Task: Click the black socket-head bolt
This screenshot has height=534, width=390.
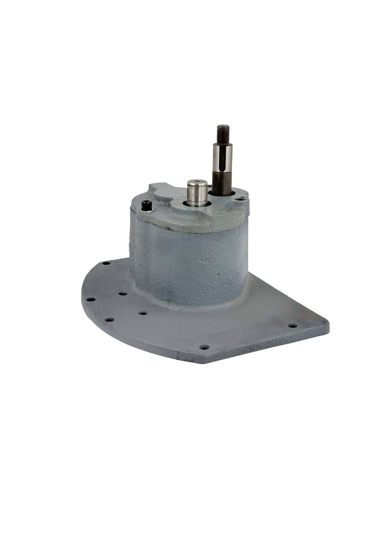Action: coord(146,205)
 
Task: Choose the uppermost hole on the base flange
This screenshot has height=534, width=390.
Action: coord(106,263)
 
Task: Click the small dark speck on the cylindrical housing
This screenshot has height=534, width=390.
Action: coord(219,274)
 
